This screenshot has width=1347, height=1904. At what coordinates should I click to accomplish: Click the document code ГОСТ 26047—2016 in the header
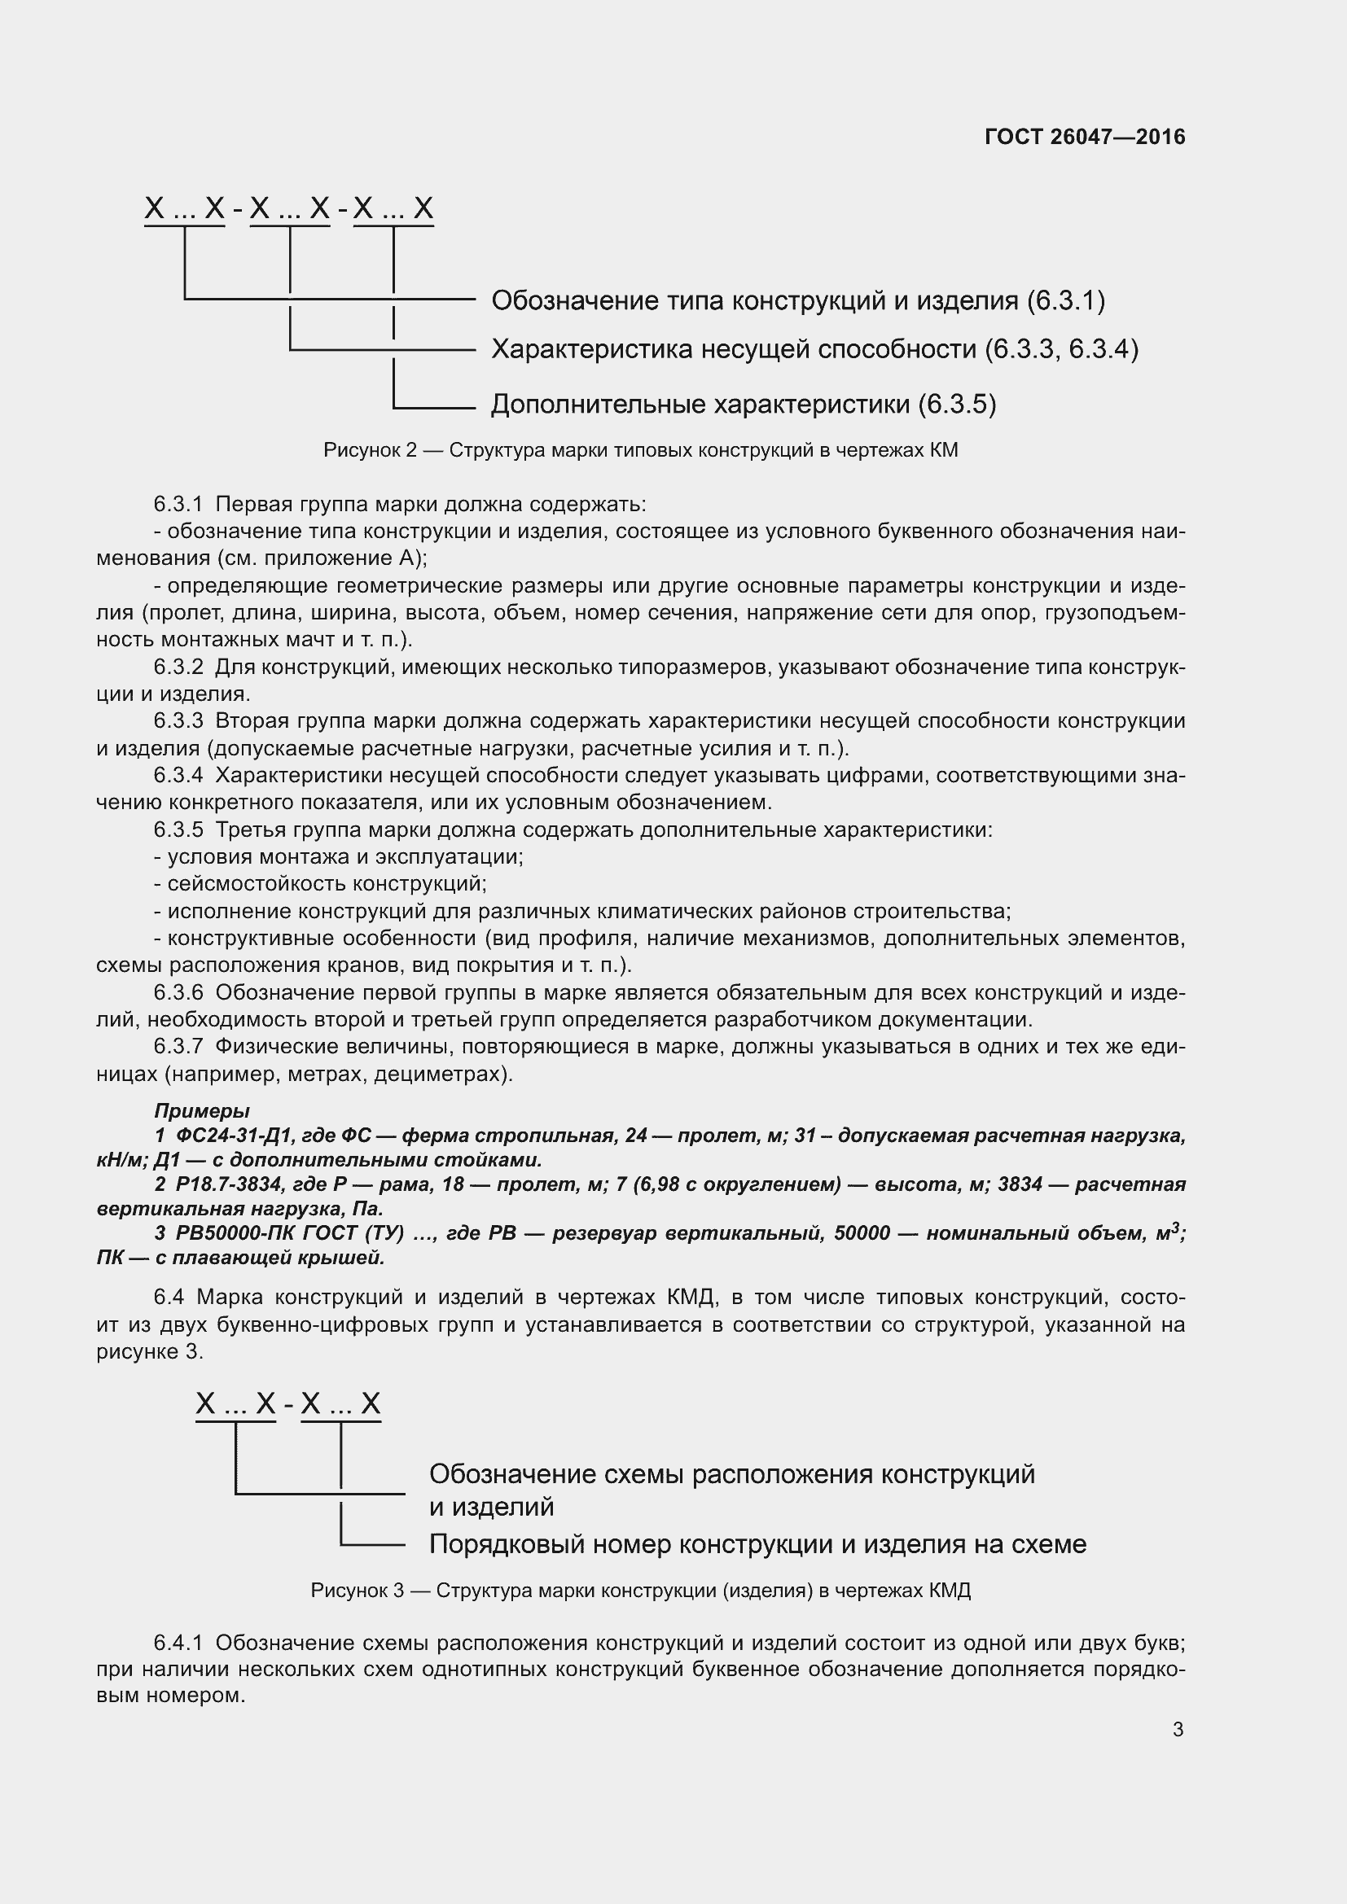(1084, 137)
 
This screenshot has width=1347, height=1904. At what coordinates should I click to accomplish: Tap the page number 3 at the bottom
(1178, 1730)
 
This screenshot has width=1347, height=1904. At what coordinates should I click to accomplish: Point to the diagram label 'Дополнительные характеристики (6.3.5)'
(744, 404)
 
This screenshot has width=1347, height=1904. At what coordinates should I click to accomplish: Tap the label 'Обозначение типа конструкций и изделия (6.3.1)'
(798, 300)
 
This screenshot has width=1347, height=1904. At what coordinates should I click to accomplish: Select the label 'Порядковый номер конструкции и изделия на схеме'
(757, 1544)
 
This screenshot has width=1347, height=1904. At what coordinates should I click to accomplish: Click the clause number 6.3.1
(178, 504)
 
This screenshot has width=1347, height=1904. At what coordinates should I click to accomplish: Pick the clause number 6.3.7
(178, 1047)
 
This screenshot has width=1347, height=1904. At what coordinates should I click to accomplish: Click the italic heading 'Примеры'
(201, 1111)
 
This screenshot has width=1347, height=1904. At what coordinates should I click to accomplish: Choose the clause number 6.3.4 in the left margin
(178, 776)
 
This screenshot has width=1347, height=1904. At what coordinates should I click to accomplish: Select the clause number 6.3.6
(178, 992)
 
